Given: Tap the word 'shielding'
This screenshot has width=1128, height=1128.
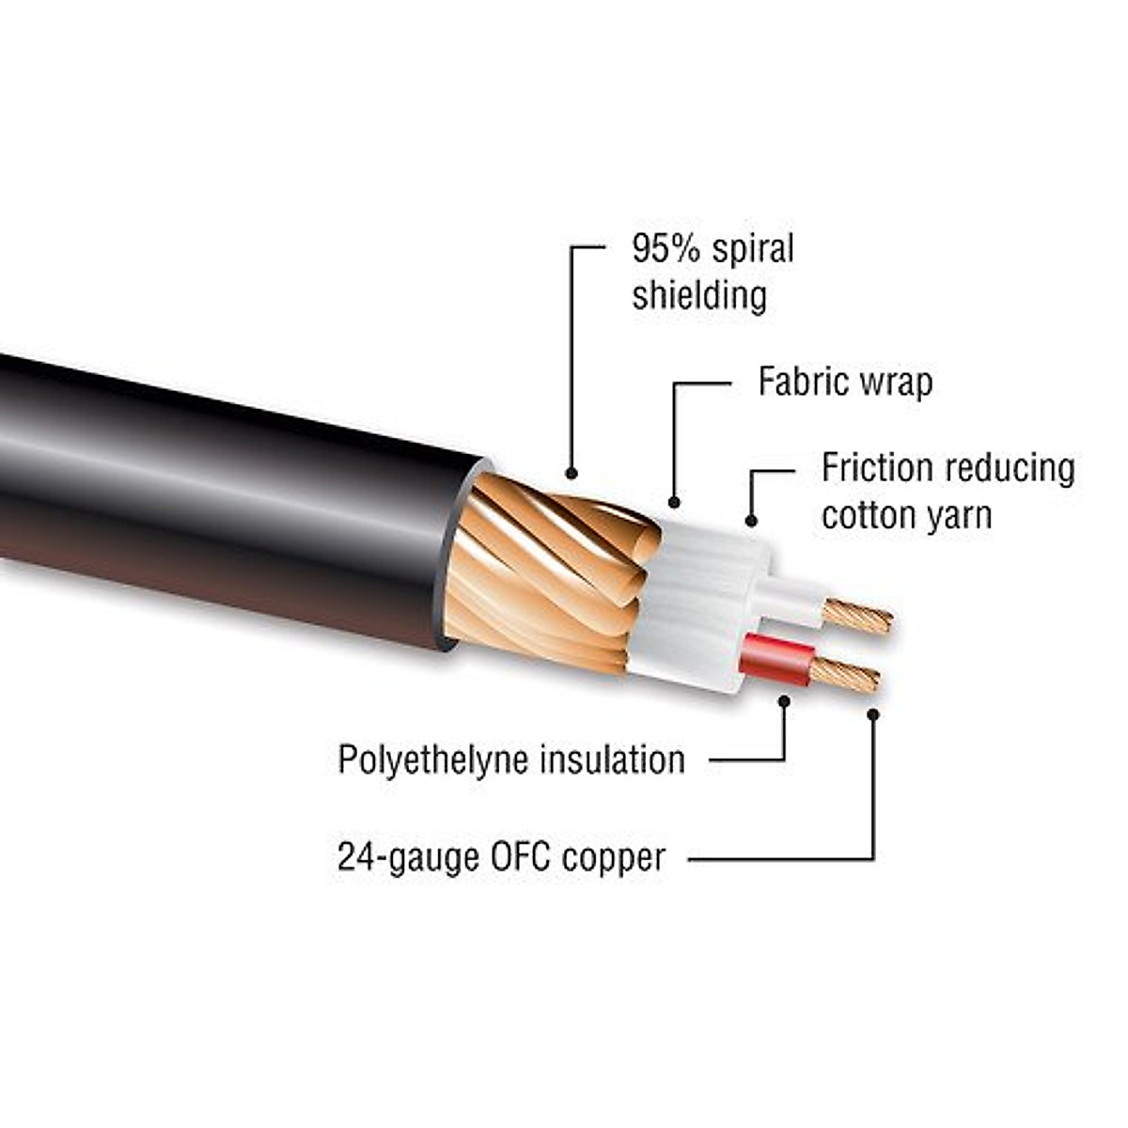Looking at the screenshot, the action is tap(698, 295).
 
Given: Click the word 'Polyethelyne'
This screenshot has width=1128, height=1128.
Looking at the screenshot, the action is tap(431, 760).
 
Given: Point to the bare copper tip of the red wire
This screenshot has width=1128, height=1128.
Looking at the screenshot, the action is tap(845, 675).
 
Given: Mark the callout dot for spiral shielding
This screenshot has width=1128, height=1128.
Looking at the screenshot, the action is tap(572, 473).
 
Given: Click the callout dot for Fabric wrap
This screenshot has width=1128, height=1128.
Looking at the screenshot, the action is tap(674, 503).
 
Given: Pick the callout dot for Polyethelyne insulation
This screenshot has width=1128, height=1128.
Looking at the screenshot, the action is tap(784, 699).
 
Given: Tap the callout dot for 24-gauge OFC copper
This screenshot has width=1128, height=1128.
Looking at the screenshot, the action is tap(873, 714).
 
